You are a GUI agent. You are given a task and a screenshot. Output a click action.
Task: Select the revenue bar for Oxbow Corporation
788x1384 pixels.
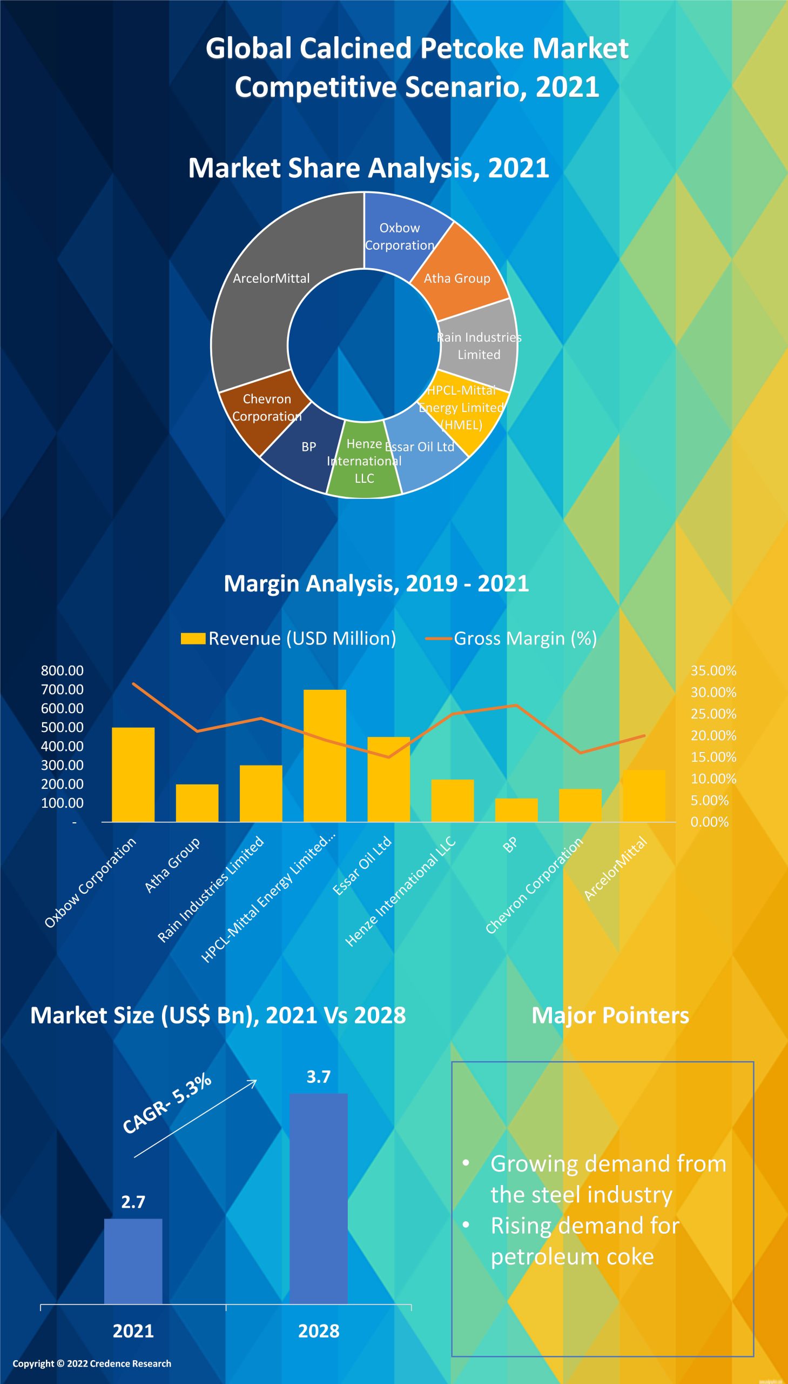[x=133, y=775]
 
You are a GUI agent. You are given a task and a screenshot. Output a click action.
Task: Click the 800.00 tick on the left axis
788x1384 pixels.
[x=62, y=670]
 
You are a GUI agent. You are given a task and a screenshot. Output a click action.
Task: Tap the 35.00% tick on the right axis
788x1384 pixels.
[x=713, y=670]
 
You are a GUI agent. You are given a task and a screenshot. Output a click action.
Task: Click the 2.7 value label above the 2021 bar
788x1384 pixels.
[x=133, y=1202]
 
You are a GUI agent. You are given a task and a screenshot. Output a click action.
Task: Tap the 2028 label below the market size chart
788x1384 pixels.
[x=319, y=1331]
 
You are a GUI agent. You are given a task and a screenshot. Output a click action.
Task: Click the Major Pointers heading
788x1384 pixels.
[x=610, y=1015]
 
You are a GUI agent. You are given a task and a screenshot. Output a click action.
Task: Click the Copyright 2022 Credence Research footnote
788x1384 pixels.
[x=92, y=1363]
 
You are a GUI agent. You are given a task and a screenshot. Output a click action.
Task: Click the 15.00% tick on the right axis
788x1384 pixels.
[x=713, y=757]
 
